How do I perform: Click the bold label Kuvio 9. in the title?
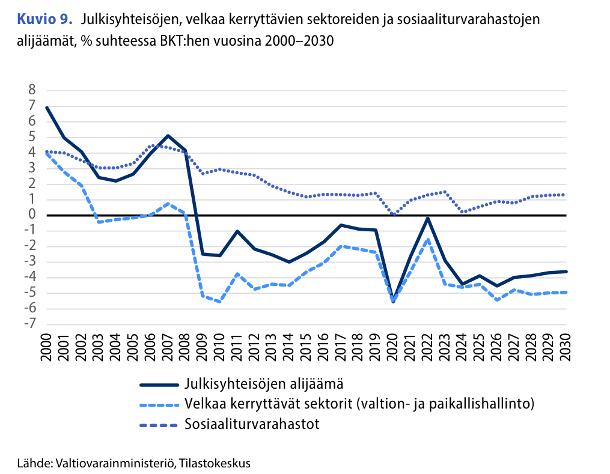(45, 20)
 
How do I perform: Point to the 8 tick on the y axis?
(32, 90)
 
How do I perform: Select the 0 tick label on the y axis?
(32, 215)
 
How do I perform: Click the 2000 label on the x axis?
(46, 348)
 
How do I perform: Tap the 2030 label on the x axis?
(565, 348)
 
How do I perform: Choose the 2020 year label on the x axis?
(392, 348)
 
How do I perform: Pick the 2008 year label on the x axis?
(185, 348)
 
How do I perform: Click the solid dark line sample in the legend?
(159, 384)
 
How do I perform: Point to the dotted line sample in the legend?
(159, 425)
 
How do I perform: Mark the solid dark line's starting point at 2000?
(46, 107)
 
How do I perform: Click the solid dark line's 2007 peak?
(168, 136)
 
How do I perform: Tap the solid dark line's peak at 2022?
(427, 218)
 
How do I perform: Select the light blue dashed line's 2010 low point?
(219, 302)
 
